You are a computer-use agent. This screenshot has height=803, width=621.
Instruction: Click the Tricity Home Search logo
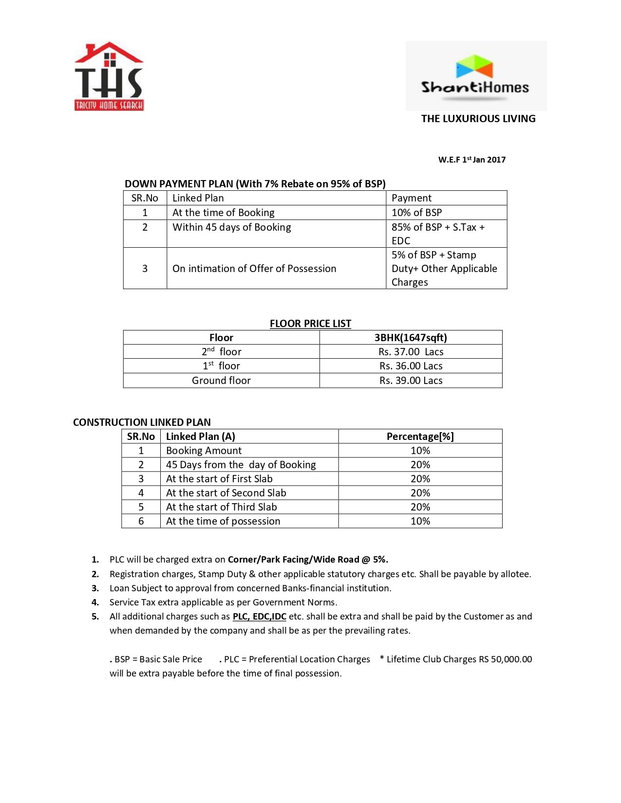pos(109,76)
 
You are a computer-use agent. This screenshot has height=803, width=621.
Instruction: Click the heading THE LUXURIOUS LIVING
pos(478,119)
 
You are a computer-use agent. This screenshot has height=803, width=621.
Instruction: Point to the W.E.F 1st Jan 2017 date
pos(471,160)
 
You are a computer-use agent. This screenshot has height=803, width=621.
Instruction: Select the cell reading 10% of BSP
pos(416,213)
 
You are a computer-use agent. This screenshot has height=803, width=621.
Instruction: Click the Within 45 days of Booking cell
pos(231,227)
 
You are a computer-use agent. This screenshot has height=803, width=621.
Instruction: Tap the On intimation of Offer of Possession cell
pos(254,269)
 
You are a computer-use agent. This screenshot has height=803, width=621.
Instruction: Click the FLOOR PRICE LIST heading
pos(310,324)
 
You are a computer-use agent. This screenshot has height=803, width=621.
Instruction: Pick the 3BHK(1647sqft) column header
pos(411,338)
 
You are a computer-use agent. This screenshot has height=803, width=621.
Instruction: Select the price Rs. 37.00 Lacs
pos(411,352)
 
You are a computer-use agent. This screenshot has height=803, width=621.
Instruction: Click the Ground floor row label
pos(221,381)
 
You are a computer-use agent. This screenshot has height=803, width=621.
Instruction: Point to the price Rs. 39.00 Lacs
pos(411,381)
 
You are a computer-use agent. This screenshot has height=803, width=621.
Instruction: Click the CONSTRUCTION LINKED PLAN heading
pos(142,422)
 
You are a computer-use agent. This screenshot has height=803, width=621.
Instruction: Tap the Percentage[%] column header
pos(420,437)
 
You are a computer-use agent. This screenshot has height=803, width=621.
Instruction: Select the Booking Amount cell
pos(204,451)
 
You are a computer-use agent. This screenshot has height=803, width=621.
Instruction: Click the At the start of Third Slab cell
pos(221,507)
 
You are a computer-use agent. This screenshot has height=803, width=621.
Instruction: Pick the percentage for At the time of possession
pos(420,521)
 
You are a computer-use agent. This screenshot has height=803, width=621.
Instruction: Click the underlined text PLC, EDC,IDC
pos(259,617)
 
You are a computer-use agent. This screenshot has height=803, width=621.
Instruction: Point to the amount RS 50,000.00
pos(506,659)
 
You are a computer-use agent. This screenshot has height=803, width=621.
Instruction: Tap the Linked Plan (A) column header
pos(200,437)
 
